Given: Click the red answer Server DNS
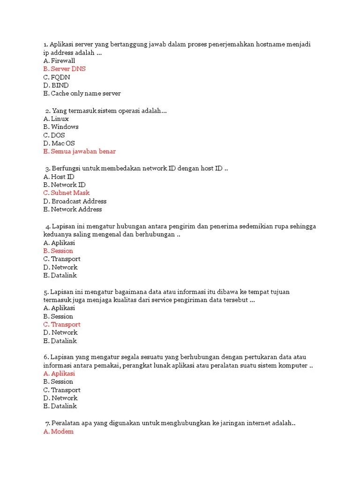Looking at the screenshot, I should click(64, 69).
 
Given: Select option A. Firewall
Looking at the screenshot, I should click(59, 60).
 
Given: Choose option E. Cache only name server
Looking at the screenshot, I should click(82, 93).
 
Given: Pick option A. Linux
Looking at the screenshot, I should click(56, 119).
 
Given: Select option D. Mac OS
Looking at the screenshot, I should click(59, 143).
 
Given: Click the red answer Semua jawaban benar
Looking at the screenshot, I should click(79, 151).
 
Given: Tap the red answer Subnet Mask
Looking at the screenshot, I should click(66, 193).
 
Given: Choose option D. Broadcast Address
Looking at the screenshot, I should click(75, 201).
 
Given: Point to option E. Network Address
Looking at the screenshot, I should click(72, 209).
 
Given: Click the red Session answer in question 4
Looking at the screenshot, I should click(58, 251).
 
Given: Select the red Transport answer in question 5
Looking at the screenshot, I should click(62, 324).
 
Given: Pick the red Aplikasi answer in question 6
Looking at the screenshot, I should click(59, 374).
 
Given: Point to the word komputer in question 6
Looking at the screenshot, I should click(292, 365).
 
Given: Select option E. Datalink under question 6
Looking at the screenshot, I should click(60, 406).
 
